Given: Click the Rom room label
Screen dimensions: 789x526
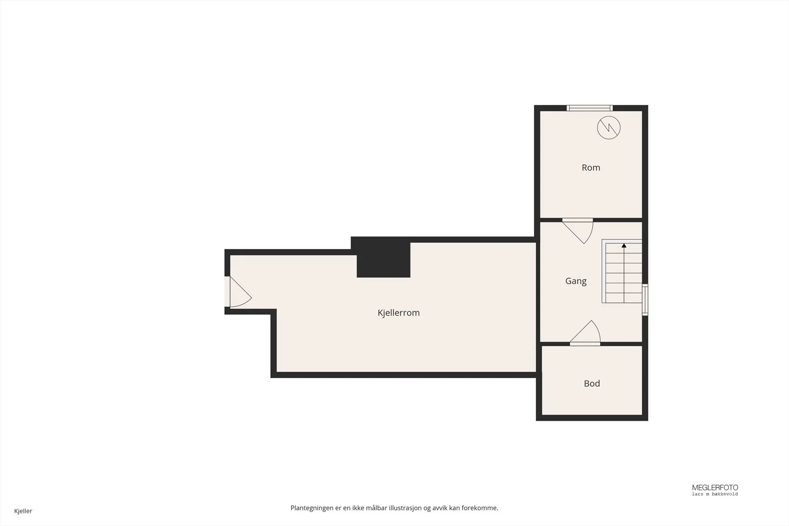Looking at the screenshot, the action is click(x=591, y=168).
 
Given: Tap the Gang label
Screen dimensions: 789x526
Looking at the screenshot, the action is click(x=576, y=281).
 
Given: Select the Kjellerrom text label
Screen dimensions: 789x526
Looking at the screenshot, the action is click(x=398, y=313).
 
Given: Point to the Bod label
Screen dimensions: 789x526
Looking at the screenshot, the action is click(x=592, y=384).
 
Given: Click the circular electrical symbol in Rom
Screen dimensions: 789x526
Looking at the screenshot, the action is click(x=609, y=128).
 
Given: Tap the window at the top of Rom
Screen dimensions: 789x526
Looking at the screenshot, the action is click(x=590, y=108).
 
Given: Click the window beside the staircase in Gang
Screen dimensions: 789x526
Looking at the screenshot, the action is click(x=645, y=300).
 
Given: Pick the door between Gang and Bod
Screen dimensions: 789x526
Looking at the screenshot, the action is click(x=585, y=333).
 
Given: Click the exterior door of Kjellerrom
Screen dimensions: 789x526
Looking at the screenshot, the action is click(x=238, y=292).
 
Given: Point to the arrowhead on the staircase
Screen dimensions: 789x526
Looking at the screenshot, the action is click(x=624, y=245).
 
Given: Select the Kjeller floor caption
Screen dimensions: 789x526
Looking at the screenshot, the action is click(x=23, y=511).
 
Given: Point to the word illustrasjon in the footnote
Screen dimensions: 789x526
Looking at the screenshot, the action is click(x=405, y=508).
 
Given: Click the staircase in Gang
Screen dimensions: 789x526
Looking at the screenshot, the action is click(x=622, y=271).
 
